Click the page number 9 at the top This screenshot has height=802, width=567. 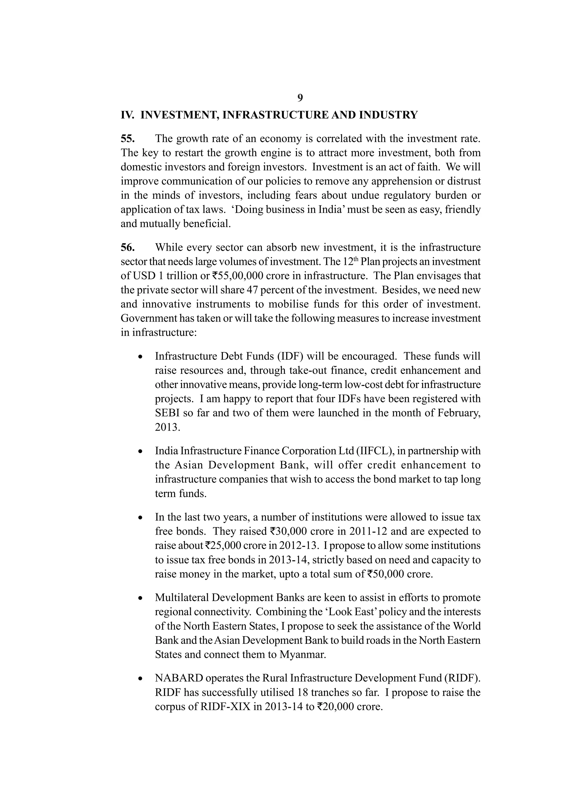tap(300, 98)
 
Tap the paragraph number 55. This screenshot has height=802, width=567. tap(128, 139)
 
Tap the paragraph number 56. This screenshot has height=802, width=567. tap(128, 248)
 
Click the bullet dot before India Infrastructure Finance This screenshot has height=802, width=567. tap(140, 452)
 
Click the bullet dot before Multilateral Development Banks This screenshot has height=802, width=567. tap(140, 599)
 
